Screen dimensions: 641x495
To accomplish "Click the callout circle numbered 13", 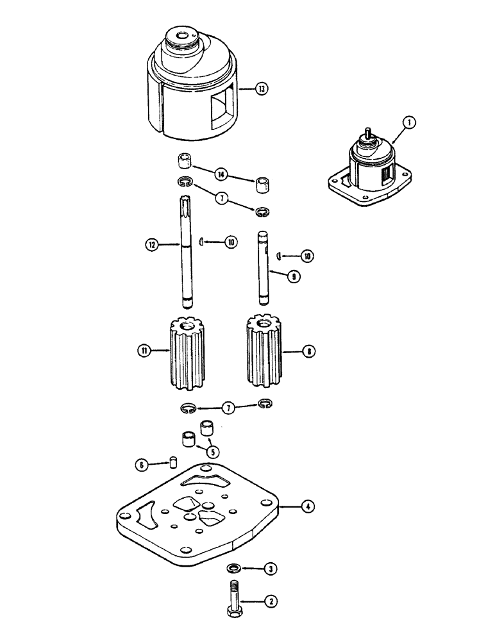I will pyautogui.click(x=261, y=88).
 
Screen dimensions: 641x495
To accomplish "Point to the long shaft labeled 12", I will pyautogui.click(x=185, y=256).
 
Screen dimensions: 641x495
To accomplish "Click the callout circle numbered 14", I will pyautogui.click(x=221, y=174).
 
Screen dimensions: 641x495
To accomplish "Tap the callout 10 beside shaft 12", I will pyautogui.click(x=229, y=242).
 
